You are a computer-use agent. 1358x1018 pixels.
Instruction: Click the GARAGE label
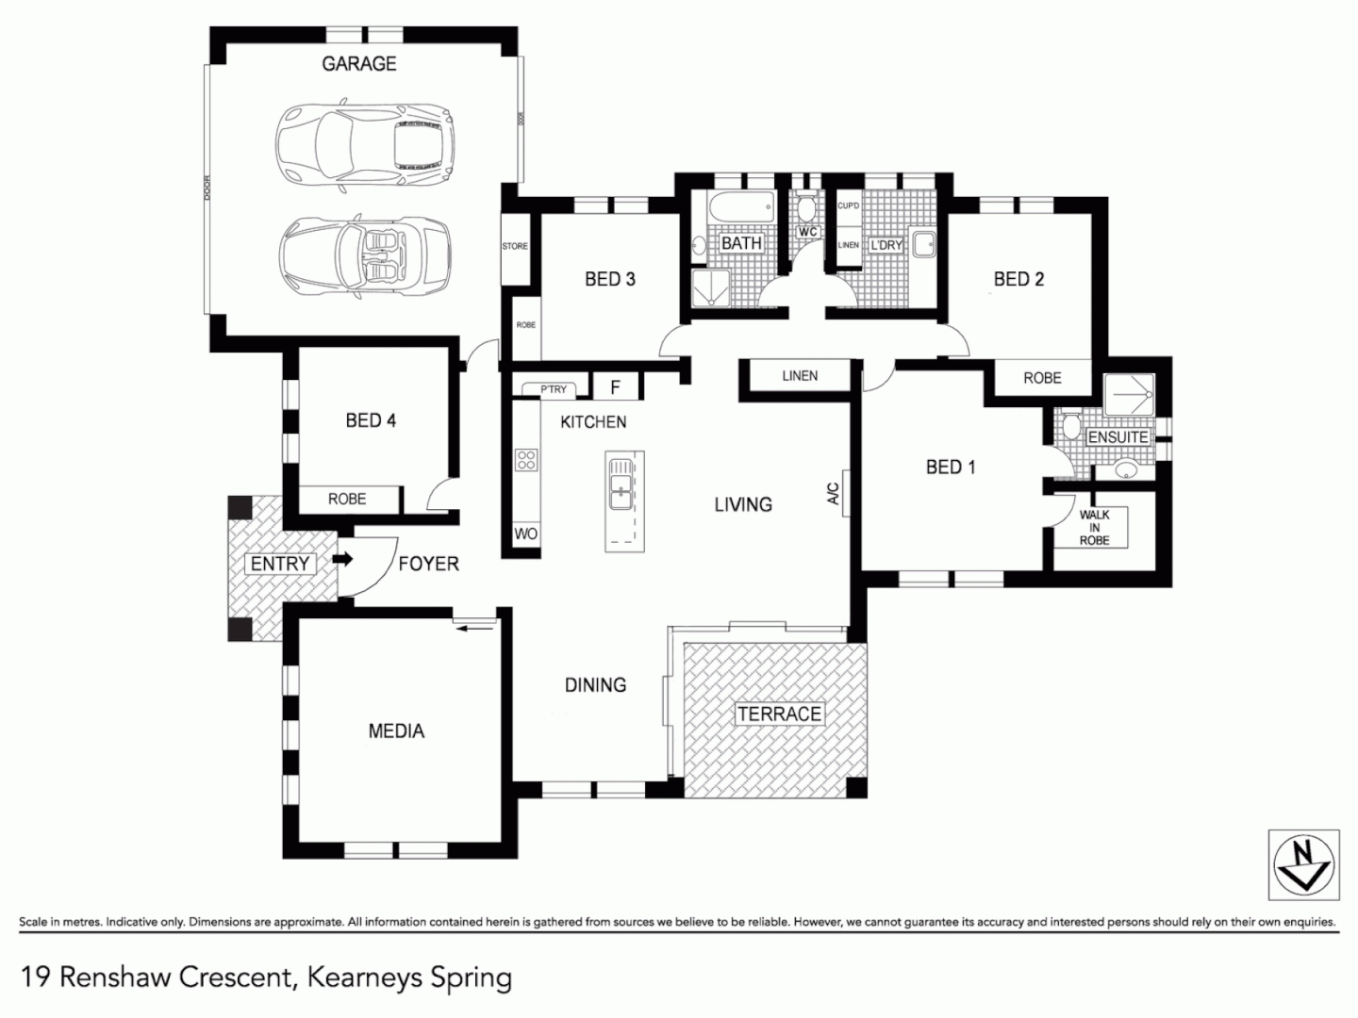point(358,63)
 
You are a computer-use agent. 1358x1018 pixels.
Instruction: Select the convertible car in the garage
point(363,256)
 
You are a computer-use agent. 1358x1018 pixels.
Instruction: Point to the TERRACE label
point(779,714)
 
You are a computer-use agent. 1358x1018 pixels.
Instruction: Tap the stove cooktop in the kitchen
point(525,460)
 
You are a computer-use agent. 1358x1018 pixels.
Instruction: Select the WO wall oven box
point(525,534)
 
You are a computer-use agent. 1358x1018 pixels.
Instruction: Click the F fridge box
point(616,387)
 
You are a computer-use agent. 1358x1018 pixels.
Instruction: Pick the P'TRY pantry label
point(554,389)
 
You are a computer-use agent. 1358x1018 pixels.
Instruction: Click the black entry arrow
point(343,560)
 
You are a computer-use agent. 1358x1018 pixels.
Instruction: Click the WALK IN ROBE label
point(1094,528)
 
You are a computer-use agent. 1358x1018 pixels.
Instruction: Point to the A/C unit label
point(833,494)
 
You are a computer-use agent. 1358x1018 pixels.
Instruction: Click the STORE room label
point(515,246)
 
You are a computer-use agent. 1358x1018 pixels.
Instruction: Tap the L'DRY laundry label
point(886,244)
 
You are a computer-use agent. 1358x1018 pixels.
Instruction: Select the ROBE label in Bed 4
point(347,499)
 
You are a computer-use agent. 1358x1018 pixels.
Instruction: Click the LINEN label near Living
point(800,375)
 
